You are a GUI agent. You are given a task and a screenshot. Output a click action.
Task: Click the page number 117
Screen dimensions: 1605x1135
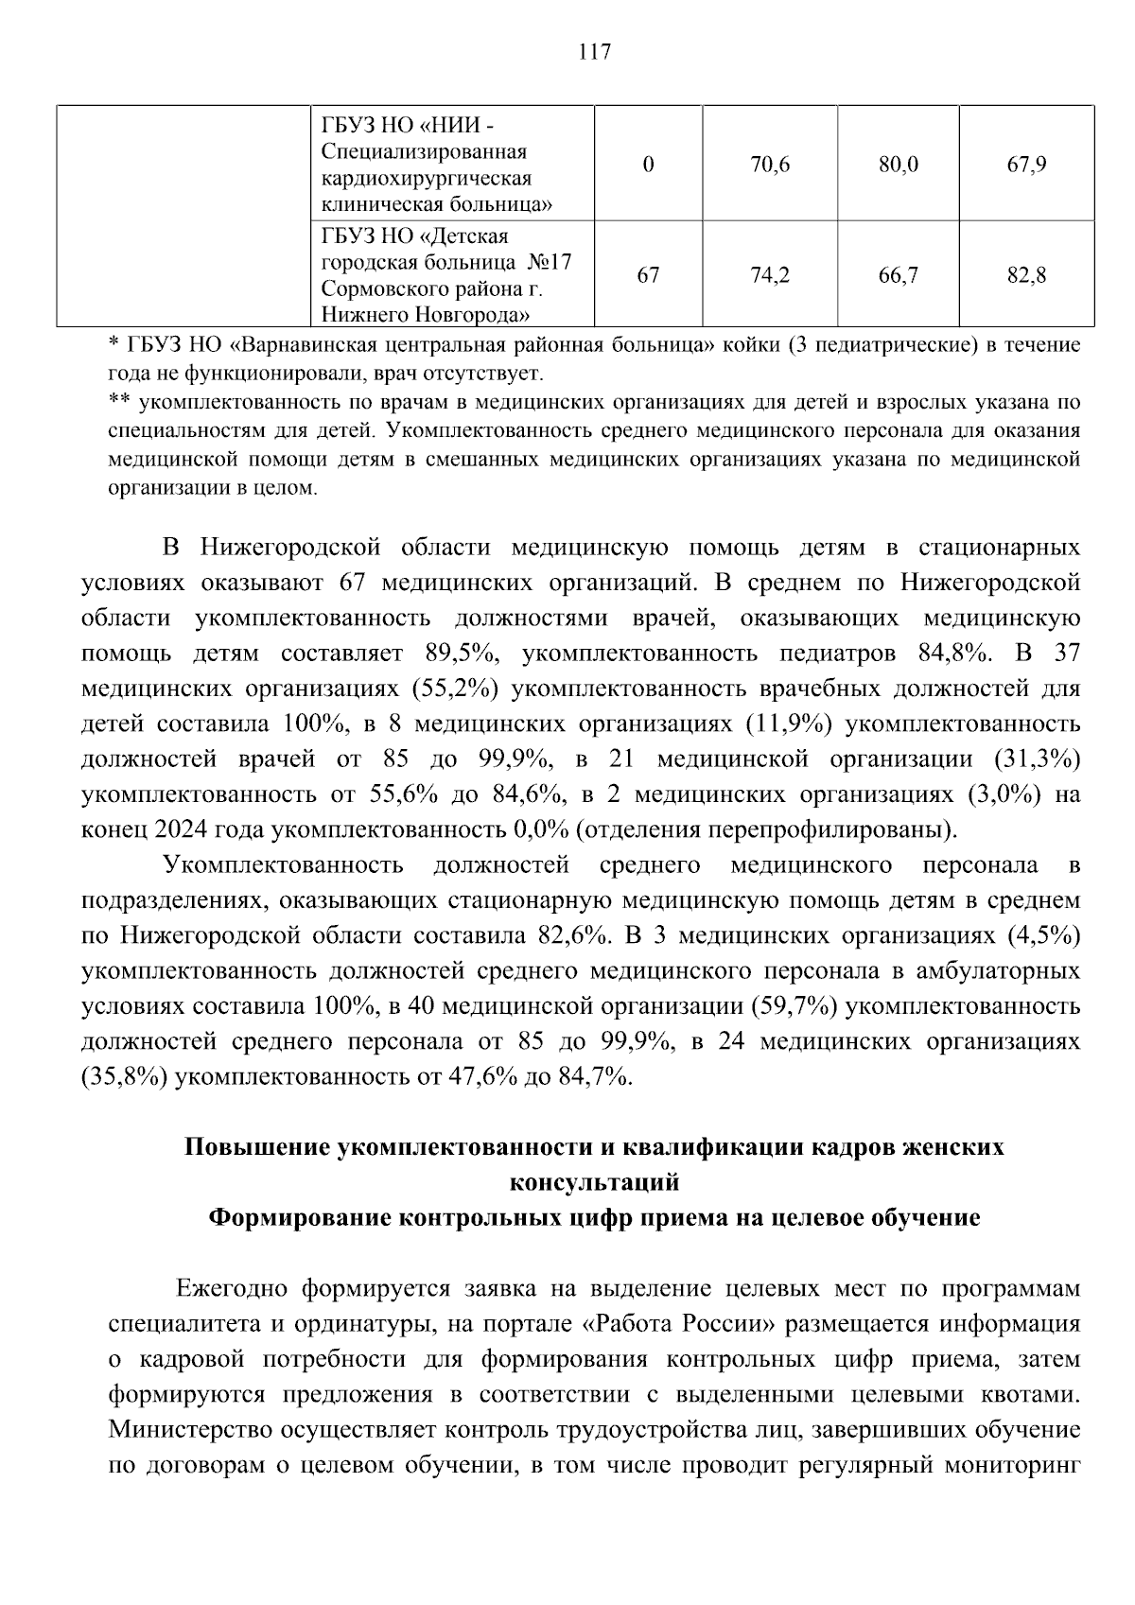pos(594,52)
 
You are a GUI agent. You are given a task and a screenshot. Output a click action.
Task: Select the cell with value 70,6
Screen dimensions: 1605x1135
pos(769,165)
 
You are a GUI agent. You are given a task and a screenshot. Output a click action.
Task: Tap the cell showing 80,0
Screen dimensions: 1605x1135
pos(898,165)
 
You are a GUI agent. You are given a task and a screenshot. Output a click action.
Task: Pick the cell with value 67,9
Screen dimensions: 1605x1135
pos(1026,165)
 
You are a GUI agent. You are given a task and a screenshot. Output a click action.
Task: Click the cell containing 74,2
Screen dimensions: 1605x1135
pos(769,275)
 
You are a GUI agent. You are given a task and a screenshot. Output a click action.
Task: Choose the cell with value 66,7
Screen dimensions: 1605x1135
pos(898,275)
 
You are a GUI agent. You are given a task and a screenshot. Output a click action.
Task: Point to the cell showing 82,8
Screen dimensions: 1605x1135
pos(1026,275)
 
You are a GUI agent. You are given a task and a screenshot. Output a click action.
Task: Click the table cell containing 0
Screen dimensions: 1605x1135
pos(648,165)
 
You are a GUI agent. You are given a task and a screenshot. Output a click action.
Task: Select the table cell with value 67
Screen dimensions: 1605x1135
pos(648,275)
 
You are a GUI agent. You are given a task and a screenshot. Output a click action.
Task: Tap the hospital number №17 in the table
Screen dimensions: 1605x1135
pos(548,262)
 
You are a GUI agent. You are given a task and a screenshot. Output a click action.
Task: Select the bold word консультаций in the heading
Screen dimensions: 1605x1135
pos(594,1182)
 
